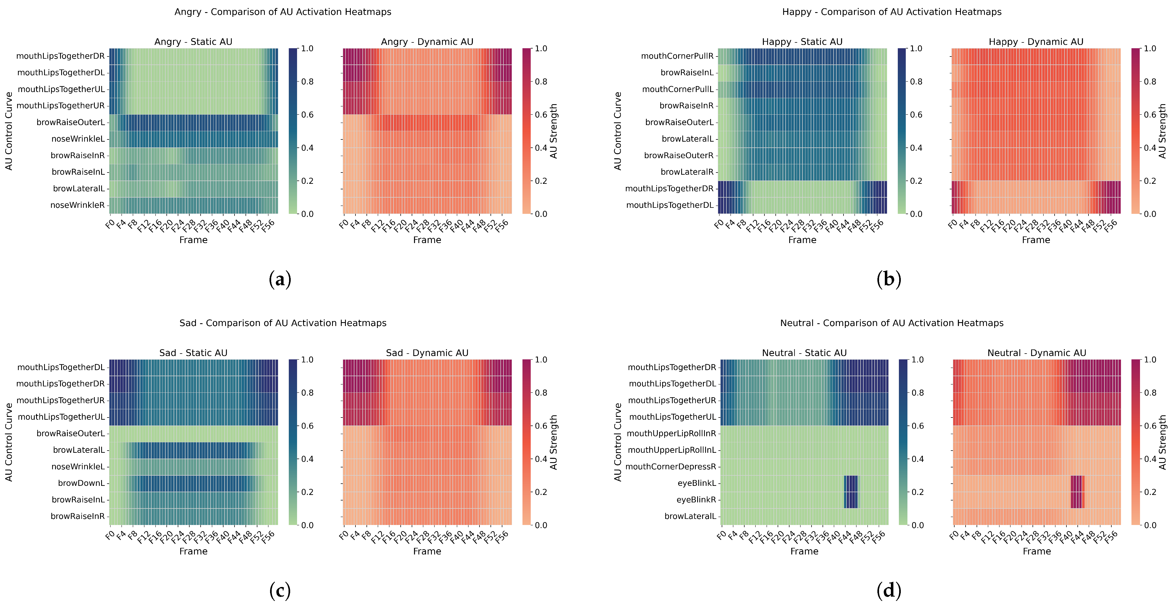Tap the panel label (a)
point(280,279)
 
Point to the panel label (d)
point(888,591)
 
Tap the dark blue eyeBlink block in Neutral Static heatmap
point(851,491)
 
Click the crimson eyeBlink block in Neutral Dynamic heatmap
point(1077,491)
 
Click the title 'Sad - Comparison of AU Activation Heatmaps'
point(283,323)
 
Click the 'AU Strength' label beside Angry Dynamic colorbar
point(553,131)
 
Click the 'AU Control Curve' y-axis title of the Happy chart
point(618,131)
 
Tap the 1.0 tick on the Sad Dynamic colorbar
point(541,360)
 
